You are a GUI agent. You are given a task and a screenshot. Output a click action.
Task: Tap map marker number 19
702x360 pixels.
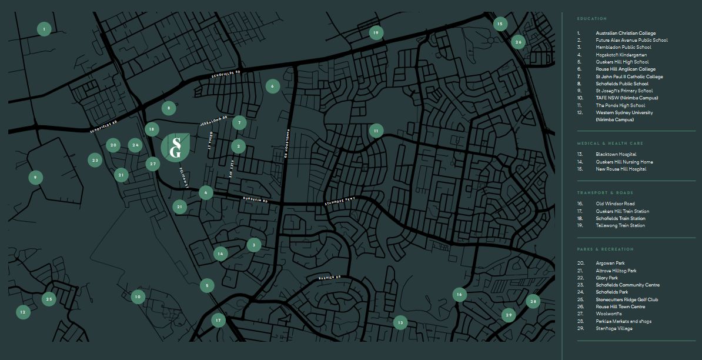click(x=376, y=33)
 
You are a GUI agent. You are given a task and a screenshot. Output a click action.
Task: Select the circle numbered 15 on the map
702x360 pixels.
click(x=500, y=24)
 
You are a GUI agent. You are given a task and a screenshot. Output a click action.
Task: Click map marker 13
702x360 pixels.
click(x=400, y=322)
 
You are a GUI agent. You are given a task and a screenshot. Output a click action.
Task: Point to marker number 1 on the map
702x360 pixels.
click(x=44, y=29)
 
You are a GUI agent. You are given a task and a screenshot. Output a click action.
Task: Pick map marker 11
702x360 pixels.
click(x=376, y=131)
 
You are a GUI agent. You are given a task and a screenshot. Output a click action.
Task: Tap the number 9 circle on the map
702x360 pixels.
click(x=35, y=177)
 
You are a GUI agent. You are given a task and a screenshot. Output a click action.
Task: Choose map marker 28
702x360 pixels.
click(x=533, y=302)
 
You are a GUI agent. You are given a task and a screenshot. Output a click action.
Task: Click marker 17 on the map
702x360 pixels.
click(x=218, y=321)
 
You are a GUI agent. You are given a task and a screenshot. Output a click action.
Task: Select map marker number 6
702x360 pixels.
click(x=272, y=86)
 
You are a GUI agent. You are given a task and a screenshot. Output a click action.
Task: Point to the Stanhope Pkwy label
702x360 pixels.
click(x=340, y=202)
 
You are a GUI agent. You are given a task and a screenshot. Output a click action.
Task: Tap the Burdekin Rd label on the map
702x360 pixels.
click(x=255, y=200)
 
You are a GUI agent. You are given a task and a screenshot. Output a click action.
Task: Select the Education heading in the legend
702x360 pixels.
click(x=591, y=19)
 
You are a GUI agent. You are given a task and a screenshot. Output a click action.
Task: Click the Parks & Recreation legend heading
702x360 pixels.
click(x=605, y=249)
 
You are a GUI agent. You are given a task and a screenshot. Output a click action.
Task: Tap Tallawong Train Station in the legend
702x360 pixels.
click(x=620, y=226)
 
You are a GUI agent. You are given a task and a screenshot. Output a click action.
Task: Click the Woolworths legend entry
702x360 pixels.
click(x=609, y=314)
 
